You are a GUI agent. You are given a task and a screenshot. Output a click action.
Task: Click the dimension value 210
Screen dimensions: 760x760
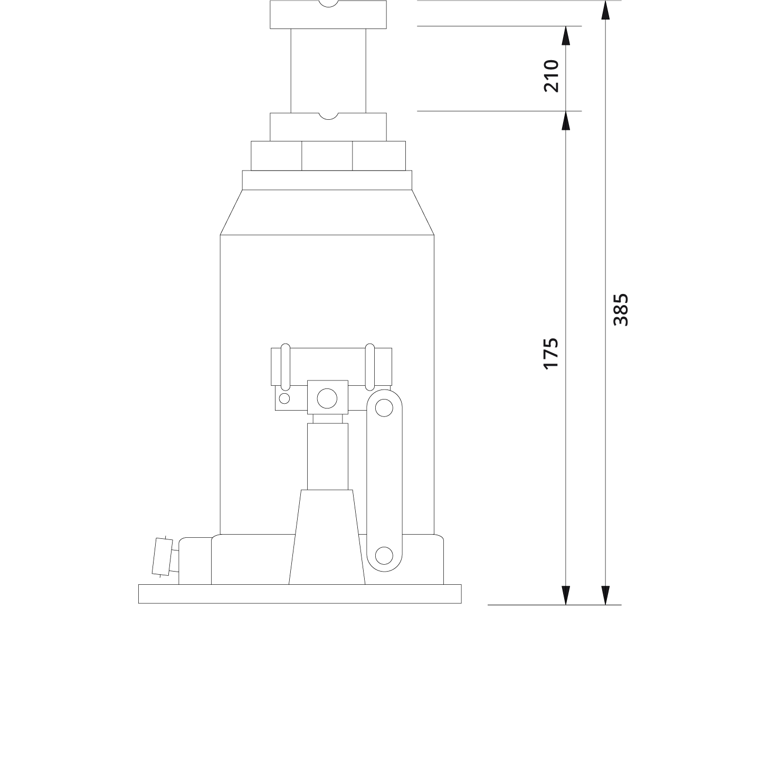(x=551, y=76)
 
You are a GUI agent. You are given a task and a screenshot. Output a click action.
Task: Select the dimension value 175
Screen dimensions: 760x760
(x=551, y=354)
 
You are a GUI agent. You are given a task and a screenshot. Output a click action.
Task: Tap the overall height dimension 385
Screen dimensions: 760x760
(x=621, y=310)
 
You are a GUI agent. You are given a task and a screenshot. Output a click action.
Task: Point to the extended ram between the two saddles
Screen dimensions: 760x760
(x=328, y=70)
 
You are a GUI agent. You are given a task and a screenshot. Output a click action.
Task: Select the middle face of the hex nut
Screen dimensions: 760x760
(x=327, y=156)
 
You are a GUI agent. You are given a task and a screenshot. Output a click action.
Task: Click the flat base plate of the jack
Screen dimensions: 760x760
(x=300, y=594)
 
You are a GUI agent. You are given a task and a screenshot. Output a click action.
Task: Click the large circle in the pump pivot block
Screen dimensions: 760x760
(x=327, y=398)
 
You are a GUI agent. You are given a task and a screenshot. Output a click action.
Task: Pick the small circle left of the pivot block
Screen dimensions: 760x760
(x=284, y=398)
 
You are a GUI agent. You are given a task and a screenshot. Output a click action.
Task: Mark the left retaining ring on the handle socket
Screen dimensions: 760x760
(x=285, y=366)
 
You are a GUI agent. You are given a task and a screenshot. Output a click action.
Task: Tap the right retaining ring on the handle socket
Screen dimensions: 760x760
(x=370, y=366)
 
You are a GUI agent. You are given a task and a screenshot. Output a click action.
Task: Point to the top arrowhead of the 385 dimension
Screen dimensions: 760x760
(x=605, y=9)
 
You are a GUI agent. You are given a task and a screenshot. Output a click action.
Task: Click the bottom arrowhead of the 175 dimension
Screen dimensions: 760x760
(x=566, y=595)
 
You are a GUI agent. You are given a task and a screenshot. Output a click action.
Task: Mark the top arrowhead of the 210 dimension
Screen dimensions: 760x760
(x=566, y=35)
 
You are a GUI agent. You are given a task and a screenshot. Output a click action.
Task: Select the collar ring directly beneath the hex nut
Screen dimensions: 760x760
(x=327, y=180)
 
